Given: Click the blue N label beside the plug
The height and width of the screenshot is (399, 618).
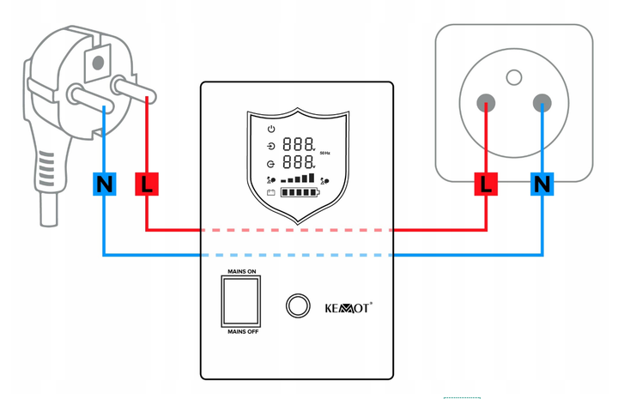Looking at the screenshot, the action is pyautogui.click(x=105, y=184).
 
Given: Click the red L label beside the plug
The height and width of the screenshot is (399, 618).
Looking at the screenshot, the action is pyautogui.click(x=147, y=184).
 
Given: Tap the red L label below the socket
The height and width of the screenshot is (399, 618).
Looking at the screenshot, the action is pyautogui.click(x=486, y=184).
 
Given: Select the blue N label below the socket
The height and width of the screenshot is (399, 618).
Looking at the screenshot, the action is pyautogui.click(x=542, y=184).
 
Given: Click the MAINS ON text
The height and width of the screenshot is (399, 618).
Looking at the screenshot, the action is pyautogui.click(x=242, y=271).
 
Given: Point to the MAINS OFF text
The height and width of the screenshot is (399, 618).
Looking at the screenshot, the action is pyautogui.click(x=243, y=332).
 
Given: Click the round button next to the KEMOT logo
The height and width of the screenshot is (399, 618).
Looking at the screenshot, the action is pyautogui.click(x=298, y=305).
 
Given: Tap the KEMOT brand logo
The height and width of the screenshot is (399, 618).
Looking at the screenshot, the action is pyautogui.click(x=348, y=308).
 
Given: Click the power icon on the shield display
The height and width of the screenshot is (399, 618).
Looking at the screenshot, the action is pyautogui.click(x=271, y=129).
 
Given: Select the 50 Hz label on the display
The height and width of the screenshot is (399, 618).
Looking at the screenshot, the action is pyautogui.click(x=324, y=153).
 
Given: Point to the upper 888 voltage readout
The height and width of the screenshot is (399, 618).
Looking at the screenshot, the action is pyautogui.click(x=299, y=144).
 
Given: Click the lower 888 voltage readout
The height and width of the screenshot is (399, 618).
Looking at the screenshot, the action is pyautogui.click(x=299, y=161).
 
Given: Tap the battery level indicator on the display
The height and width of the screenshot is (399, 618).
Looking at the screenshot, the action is pyautogui.click(x=300, y=192).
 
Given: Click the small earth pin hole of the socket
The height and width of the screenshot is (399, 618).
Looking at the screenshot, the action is pyautogui.click(x=514, y=77).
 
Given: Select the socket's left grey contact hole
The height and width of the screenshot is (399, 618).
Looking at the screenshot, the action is pyautogui.click(x=486, y=103).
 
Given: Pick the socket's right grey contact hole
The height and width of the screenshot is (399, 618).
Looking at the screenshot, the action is pyautogui.click(x=542, y=103).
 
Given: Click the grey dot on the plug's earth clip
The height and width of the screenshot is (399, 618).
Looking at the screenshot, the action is pyautogui.click(x=98, y=63).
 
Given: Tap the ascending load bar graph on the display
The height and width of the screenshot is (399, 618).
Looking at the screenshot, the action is pyautogui.click(x=298, y=178).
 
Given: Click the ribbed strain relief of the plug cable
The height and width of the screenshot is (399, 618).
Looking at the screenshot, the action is pyautogui.click(x=46, y=169).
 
